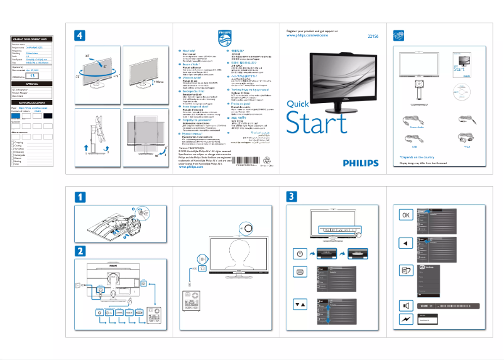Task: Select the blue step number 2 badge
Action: (80, 250)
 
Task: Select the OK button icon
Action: (407, 214)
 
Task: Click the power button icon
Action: (300, 254)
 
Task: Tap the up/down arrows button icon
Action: (300, 303)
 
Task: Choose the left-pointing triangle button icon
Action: (407, 243)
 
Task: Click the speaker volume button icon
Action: (407, 305)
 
